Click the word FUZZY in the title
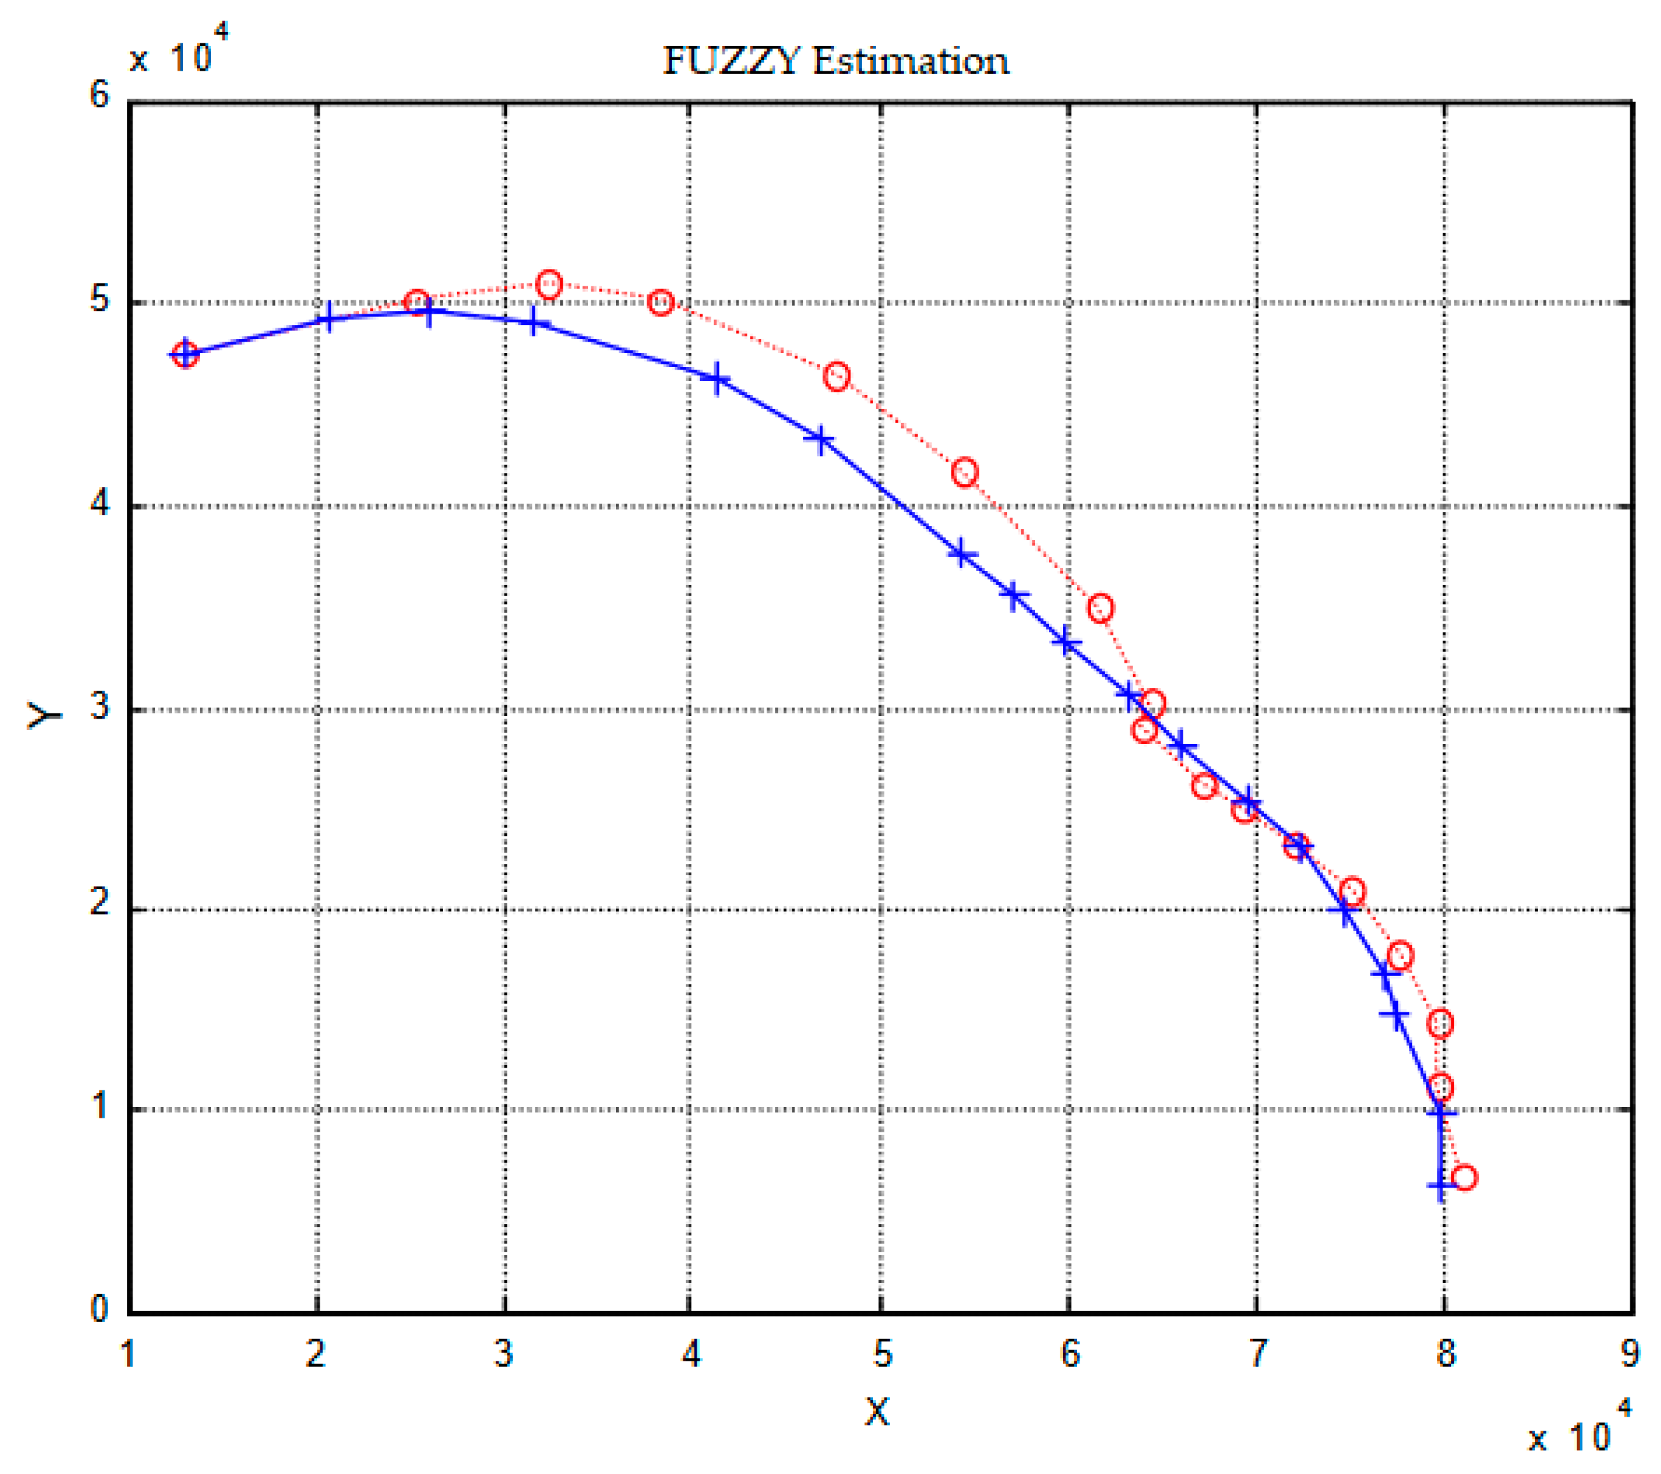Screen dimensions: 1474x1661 [x=731, y=61]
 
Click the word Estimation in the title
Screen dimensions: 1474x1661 [x=910, y=61]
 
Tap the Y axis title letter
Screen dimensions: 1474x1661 [x=45, y=715]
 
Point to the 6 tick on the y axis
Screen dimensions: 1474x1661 [x=99, y=95]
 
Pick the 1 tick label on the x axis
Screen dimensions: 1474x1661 [x=128, y=1353]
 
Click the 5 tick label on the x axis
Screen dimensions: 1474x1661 [x=882, y=1353]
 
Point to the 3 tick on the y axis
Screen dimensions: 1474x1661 [x=99, y=705]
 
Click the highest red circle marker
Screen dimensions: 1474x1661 [x=549, y=284]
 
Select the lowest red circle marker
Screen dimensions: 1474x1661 [x=1464, y=1178]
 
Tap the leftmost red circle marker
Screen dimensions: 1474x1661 [x=185, y=354]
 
